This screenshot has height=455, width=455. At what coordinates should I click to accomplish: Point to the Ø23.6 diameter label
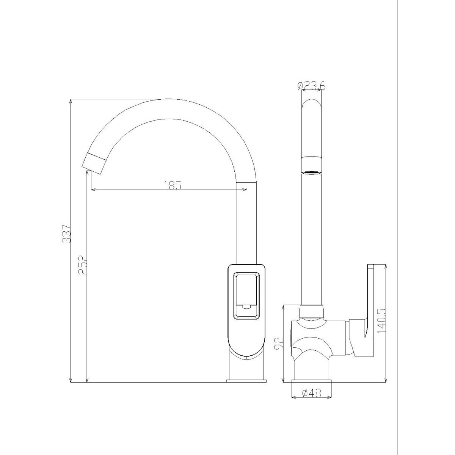click(312, 85)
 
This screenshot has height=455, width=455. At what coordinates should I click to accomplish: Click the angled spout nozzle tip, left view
click(94, 164)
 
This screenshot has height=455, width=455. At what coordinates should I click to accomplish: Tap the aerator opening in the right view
click(312, 173)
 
